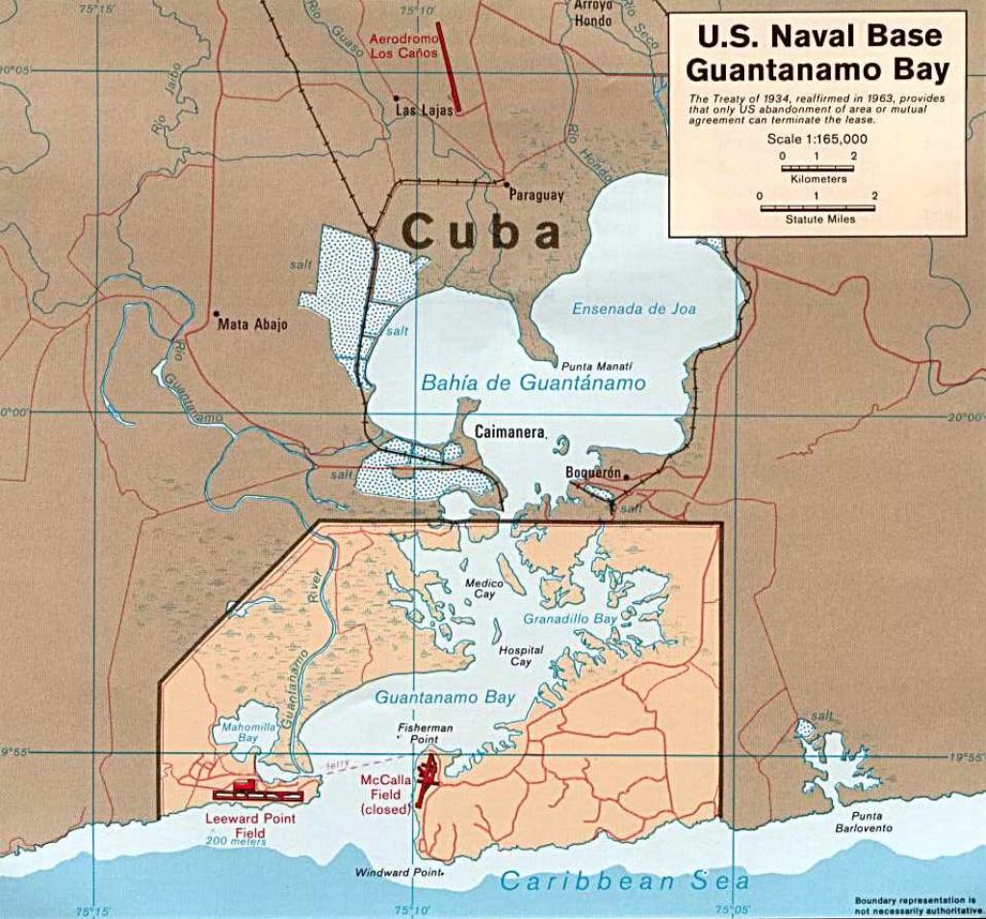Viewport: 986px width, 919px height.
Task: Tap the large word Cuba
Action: pyautogui.click(x=480, y=233)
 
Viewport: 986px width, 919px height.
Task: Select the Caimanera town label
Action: pyautogui.click(x=509, y=433)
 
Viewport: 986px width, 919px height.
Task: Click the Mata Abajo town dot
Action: pyautogui.click(x=217, y=314)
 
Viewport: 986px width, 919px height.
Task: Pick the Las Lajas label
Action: pyautogui.click(x=426, y=112)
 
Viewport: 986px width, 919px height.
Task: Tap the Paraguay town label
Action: pyautogui.click(x=536, y=196)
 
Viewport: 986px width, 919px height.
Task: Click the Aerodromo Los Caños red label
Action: pyautogui.click(x=404, y=46)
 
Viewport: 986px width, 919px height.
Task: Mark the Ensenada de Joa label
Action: pyautogui.click(x=634, y=309)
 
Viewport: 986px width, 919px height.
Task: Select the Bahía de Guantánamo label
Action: pyautogui.click(x=532, y=382)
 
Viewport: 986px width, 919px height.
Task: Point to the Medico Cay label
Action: pyautogui.click(x=480, y=589)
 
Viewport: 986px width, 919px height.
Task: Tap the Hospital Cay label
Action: pyautogui.click(x=521, y=656)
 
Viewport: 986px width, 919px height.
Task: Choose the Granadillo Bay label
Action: pyautogui.click(x=570, y=619)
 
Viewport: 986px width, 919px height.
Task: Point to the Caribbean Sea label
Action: pyautogui.click(x=624, y=880)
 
